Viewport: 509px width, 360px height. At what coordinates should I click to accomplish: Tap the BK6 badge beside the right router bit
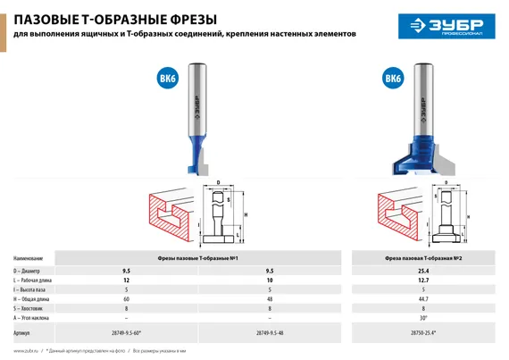coord(392,79)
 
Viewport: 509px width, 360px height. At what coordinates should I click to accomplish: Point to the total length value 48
coord(269,299)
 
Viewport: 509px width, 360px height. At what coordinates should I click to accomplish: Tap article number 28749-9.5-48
coord(269,331)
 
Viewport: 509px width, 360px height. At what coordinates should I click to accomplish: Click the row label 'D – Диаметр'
coord(34,268)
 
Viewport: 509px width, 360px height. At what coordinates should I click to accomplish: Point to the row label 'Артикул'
coord(27,331)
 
